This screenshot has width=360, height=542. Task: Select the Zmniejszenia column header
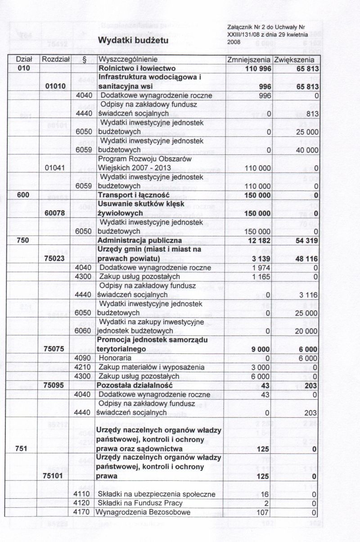click(249, 59)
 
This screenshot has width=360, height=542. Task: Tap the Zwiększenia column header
click(294, 59)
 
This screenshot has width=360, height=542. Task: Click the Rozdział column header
click(56, 59)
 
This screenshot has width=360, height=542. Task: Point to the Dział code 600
click(23, 195)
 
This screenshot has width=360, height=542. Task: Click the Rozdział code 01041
click(56, 168)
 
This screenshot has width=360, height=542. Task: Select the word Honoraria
click(115, 358)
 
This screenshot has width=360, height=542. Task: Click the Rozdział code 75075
click(56, 349)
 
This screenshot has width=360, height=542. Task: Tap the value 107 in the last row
click(263, 512)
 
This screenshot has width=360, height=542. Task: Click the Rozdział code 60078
click(56, 213)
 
